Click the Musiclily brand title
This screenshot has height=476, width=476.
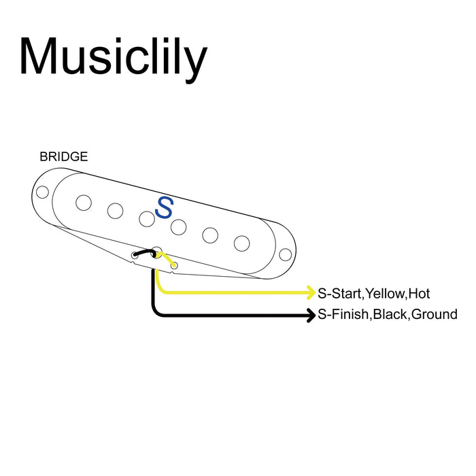click(x=113, y=56)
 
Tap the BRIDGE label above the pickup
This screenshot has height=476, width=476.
click(x=63, y=156)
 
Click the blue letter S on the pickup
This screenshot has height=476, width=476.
click(x=164, y=207)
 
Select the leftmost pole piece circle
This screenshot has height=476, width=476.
click(x=84, y=202)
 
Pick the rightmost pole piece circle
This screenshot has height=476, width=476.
click(x=241, y=243)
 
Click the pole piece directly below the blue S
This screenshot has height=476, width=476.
click(x=179, y=226)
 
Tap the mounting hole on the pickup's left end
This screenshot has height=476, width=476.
click(x=42, y=192)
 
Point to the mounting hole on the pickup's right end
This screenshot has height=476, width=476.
click(x=286, y=254)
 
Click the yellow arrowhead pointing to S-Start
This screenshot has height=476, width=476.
click(x=310, y=293)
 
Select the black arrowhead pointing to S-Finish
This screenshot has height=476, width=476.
click(x=310, y=316)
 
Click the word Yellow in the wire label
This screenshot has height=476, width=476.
click(x=385, y=294)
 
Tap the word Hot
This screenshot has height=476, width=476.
click(x=419, y=294)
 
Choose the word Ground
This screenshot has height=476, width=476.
click(x=435, y=316)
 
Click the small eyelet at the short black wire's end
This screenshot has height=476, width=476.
click(x=134, y=256)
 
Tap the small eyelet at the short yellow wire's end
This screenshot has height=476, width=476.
click(x=174, y=265)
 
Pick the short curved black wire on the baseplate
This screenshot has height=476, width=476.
click(x=144, y=253)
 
